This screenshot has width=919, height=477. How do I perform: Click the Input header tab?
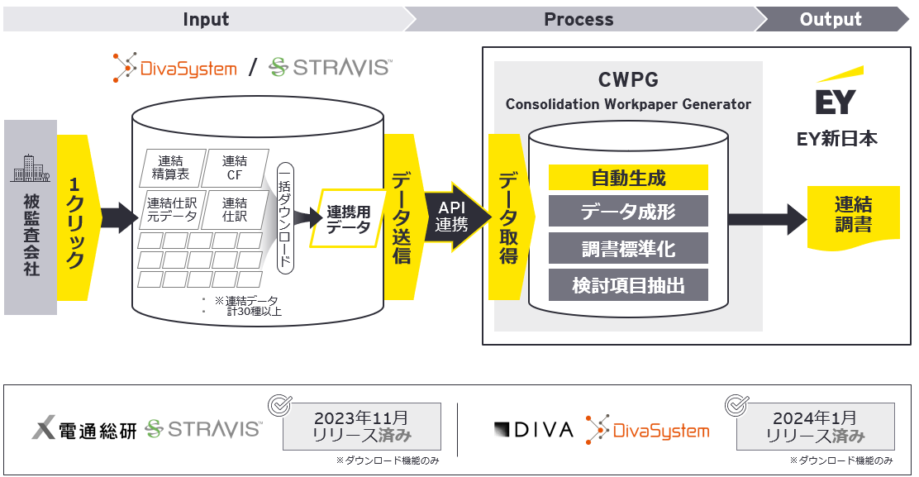pyautogui.click(x=206, y=19)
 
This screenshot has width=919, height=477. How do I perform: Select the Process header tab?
pyautogui.click(x=579, y=19)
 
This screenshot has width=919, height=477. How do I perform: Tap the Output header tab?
pyautogui.click(x=831, y=19)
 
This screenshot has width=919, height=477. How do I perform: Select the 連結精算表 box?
pyautogui.click(x=170, y=168)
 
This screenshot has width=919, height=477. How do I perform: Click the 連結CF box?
pyautogui.click(x=234, y=168)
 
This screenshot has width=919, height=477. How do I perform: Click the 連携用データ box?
pyautogui.click(x=348, y=219)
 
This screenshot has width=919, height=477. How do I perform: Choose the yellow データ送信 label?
pyautogui.click(x=401, y=217)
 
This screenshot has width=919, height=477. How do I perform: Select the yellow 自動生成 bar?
pyautogui.click(x=628, y=177)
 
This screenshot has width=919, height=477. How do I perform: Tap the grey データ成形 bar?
pyautogui.click(x=628, y=212)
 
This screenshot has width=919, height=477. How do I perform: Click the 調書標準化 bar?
pyautogui.click(x=628, y=248)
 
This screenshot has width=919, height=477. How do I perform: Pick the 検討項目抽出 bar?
pyautogui.click(x=628, y=285)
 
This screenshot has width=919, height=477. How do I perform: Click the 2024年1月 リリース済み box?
pyautogui.click(x=814, y=427)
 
